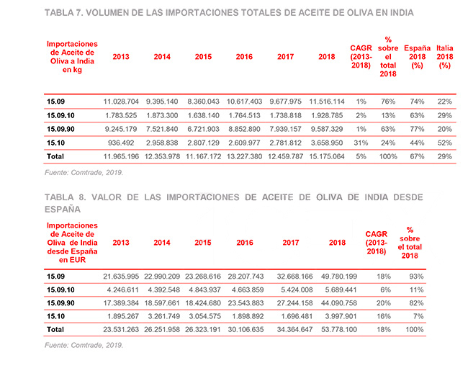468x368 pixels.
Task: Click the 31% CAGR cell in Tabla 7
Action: [361, 143]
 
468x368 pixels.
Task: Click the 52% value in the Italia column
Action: [444, 143]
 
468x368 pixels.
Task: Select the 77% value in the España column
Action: [416, 129]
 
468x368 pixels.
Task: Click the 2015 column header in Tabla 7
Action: [203, 56]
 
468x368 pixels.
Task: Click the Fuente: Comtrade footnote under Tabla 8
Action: [84, 345]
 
